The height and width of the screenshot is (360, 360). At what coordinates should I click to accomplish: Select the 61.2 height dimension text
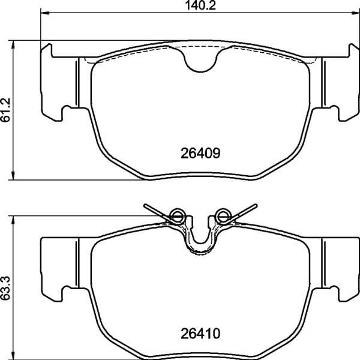point(7,110)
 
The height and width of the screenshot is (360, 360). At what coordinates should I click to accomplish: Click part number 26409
point(201,152)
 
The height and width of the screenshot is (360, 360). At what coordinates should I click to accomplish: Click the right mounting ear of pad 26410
point(340,264)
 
